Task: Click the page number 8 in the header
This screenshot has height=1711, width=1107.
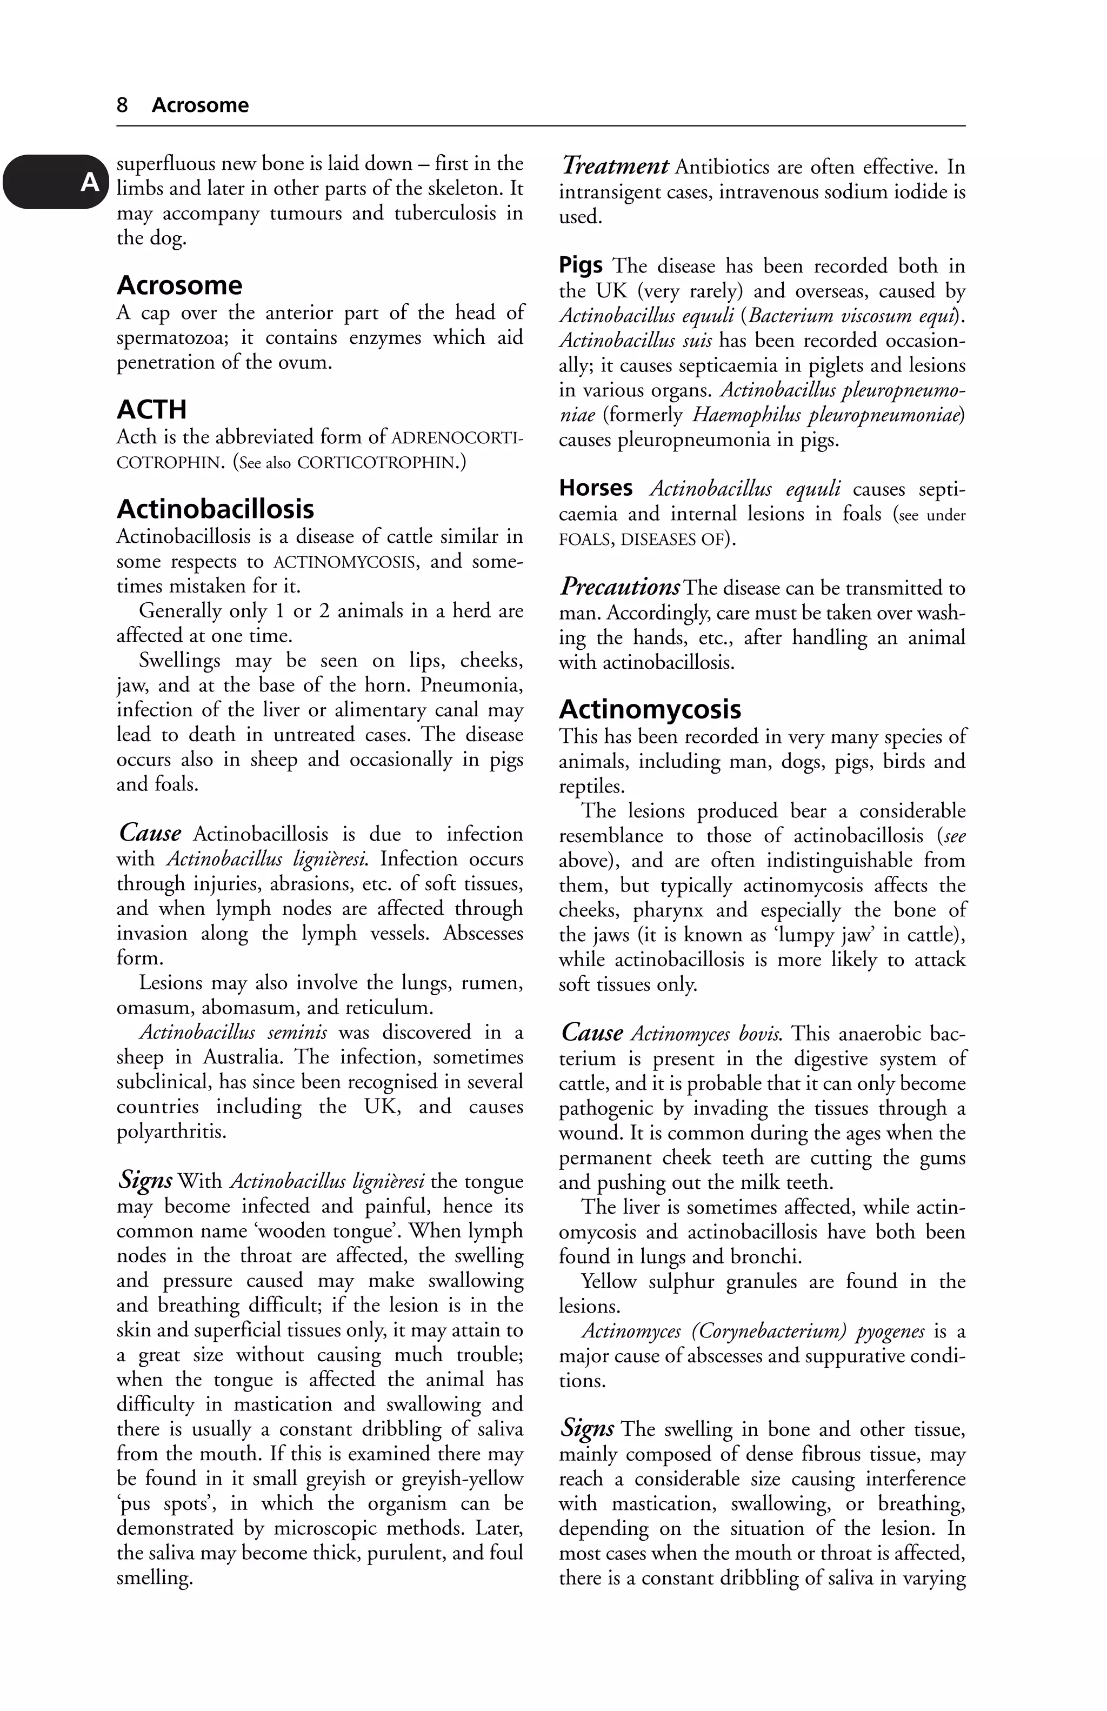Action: [x=122, y=105]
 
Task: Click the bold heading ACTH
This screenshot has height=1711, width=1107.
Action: [x=152, y=409]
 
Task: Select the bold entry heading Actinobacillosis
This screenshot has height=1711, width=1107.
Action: [x=215, y=509]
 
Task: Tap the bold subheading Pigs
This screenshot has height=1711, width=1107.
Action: [x=581, y=265]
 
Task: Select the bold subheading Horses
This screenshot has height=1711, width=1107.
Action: [x=596, y=488]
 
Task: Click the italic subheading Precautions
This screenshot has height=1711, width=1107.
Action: [x=619, y=587]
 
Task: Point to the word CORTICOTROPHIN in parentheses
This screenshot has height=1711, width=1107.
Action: [x=377, y=462]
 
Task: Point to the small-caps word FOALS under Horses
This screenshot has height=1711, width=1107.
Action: [x=585, y=539]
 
